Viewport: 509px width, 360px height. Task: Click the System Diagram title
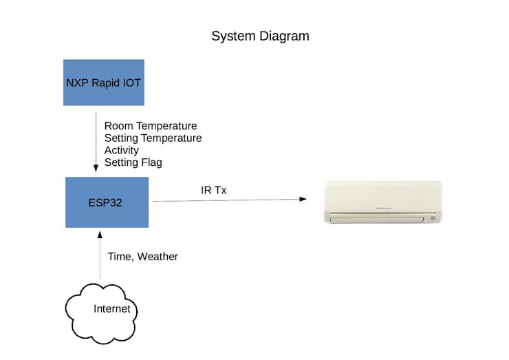(260, 36)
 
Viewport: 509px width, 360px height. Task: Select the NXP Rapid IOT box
(104, 83)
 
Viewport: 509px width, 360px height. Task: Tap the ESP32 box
(107, 202)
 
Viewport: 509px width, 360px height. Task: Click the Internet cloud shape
(101, 313)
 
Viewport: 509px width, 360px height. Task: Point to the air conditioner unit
(383, 202)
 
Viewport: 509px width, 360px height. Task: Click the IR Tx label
(214, 190)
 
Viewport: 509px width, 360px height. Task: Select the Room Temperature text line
(151, 126)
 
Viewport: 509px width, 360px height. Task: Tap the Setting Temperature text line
(153, 138)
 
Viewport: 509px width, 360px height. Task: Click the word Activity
(122, 151)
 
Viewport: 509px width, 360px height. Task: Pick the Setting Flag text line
(133, 162)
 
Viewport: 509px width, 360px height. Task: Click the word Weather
(158, 256)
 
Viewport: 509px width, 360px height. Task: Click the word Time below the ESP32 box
(119, 256)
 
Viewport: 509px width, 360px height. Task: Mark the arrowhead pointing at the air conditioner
(303, 199)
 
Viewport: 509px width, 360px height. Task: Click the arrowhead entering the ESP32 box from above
(96, 168)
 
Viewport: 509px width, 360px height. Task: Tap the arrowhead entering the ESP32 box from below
(100, 235)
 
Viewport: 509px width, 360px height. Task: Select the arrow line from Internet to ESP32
(100, 255)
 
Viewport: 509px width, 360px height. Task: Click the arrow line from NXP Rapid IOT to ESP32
(96, 142)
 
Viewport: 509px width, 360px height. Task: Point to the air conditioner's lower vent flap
(376, 220)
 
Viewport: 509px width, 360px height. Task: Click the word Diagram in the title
(284, 36)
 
